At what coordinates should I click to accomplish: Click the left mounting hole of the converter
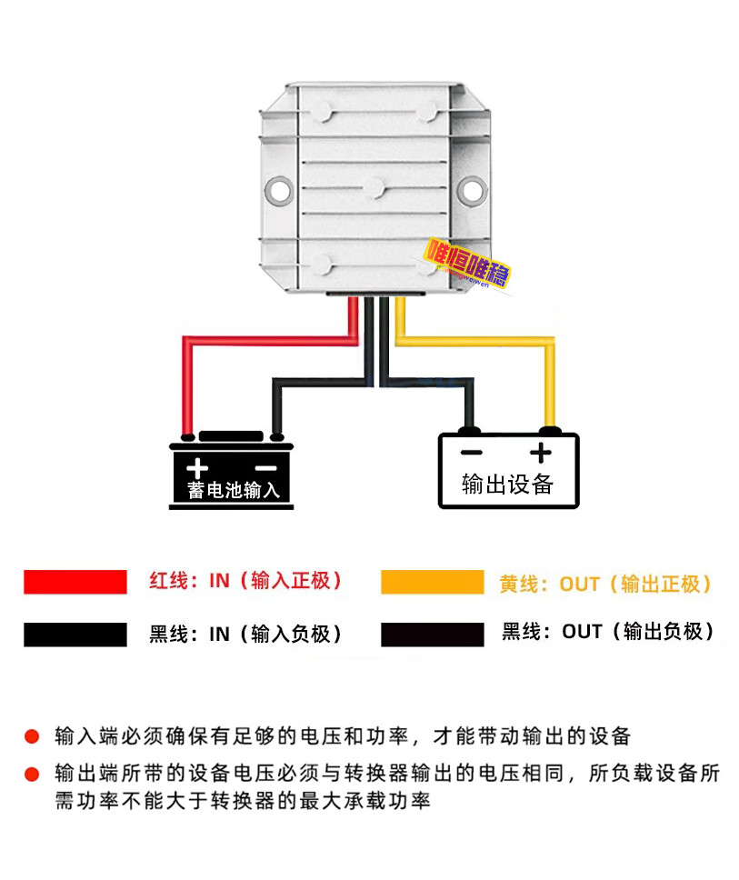pos(278,189)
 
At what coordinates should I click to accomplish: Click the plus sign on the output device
pos(541,453)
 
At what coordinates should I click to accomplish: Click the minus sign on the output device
pos(471,453)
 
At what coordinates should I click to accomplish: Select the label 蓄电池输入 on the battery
pos(234,491)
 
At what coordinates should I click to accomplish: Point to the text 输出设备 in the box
pos(507,484)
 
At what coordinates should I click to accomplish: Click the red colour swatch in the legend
pos(75,582)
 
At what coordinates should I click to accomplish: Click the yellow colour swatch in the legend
pos(432,582)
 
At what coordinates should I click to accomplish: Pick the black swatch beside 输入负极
pos(75,635)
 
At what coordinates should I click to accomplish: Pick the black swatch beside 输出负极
pos(432,635)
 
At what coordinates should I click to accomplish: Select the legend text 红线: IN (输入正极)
pos(245,582)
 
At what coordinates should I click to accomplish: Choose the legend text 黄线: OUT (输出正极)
pos(605,584)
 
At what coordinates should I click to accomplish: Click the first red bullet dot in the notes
pos(32,735)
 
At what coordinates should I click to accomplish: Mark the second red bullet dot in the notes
pos(32,775)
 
